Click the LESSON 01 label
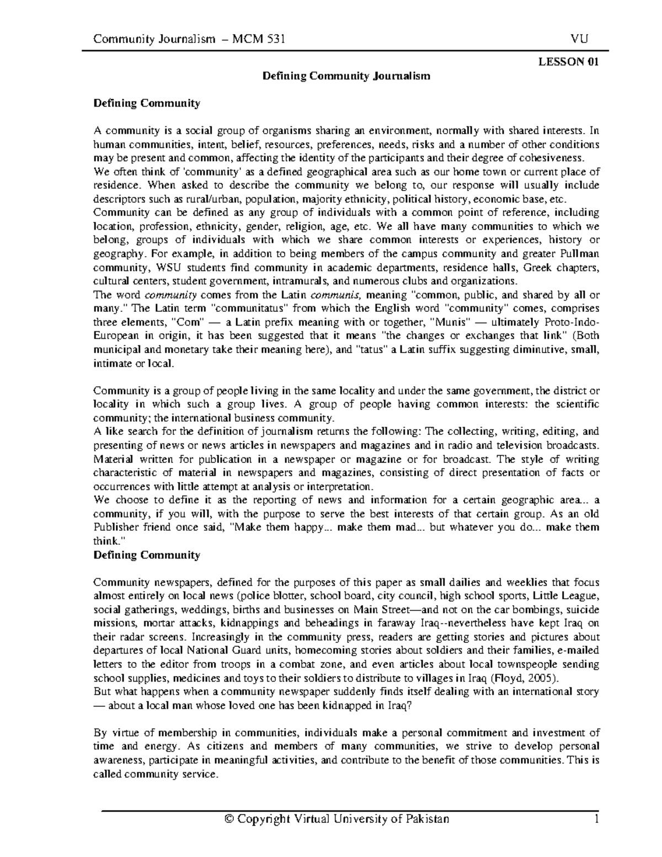[x=568, y=62]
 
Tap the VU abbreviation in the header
[x=580, y=39]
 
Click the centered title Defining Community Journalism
[x=346, y=76]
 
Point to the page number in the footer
[x=596, y=819]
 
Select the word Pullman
[x=580, y=254]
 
